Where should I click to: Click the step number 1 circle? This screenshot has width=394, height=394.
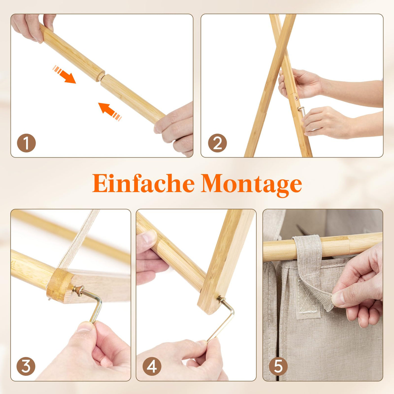click(26, 143)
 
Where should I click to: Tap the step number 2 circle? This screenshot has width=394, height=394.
click(217, 143)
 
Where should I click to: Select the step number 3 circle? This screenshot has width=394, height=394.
click(26, 366)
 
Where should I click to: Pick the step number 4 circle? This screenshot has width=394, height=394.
click(152, 366)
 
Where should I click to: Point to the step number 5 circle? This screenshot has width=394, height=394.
click(278, 366)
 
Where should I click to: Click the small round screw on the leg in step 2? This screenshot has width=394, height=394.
click(296, 98)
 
